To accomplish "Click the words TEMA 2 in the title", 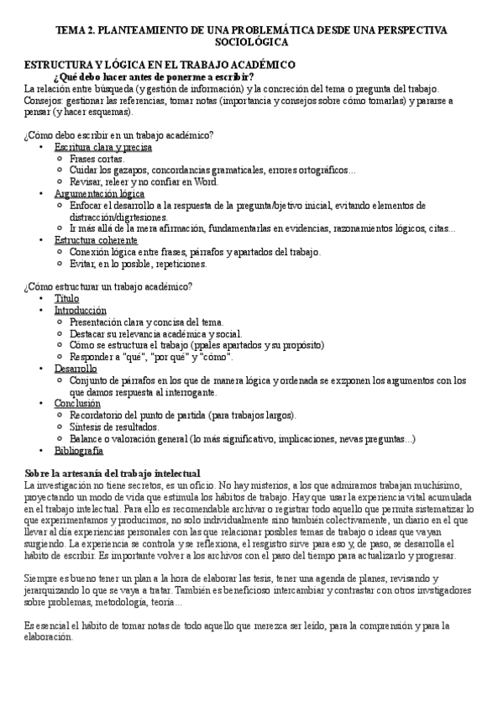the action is (74, 29).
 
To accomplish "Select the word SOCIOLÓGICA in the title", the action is (251, 41).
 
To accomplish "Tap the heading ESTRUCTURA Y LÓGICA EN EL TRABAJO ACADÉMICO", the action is (159, 65).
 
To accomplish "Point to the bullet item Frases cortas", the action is (97, 159).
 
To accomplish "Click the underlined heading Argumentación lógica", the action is (99, 193).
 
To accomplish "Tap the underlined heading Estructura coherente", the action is (97, 240).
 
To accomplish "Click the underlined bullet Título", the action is (66, 298).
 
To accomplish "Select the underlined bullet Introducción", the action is (80, 310).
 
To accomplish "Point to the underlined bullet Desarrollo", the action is (76, 368).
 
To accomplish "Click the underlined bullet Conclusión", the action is (77, 403).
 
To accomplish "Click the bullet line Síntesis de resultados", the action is (113, 427).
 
